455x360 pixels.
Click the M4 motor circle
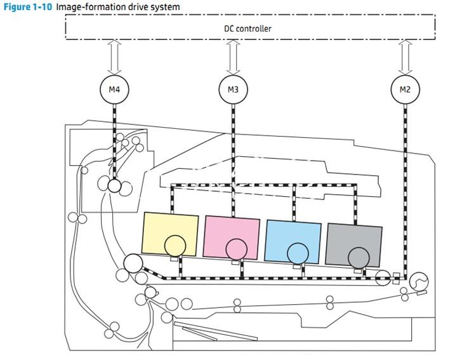click(114, 90)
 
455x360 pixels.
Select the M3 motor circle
click(233, 90)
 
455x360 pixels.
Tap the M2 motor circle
click(405, 90)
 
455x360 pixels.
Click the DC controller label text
click(247, 29)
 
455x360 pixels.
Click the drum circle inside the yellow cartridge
click(175, 245)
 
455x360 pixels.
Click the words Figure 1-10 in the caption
click(27, 7)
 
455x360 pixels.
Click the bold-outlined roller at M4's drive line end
click(114, 185)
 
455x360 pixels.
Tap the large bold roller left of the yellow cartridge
click(133, 263)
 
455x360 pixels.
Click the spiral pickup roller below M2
click(419, 282)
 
